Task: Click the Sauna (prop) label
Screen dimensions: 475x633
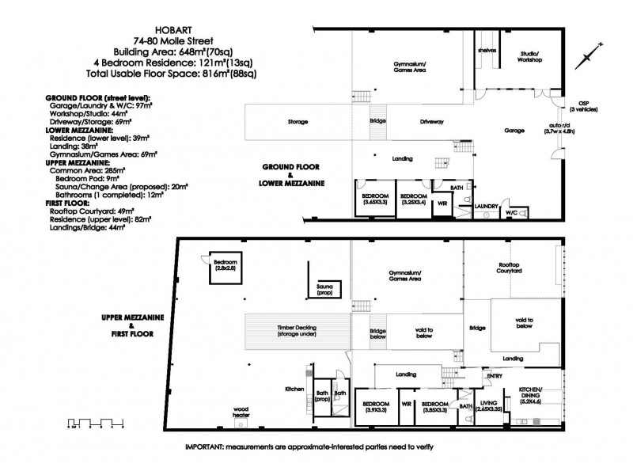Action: pos(324,289)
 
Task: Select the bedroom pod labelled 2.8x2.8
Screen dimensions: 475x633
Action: pos(222,264)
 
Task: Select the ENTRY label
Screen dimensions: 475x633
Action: pos(495,375)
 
